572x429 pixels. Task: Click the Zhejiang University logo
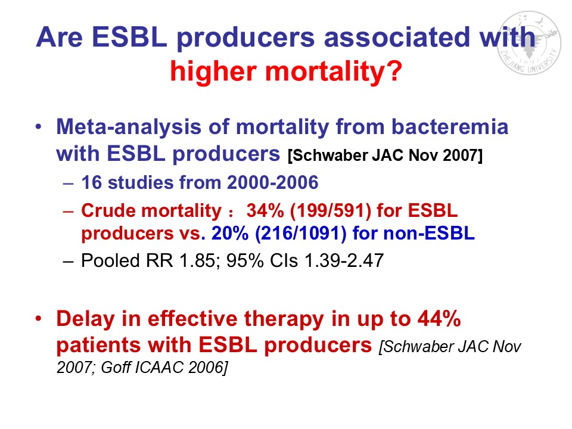tap(529, 43)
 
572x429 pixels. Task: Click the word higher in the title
tap(214, 70)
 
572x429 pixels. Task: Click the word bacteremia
tap(450, 126)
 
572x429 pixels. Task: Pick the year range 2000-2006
tap(272, 182)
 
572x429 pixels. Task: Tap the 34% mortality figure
tap(265, 210)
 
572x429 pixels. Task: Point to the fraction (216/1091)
tap(301, 234)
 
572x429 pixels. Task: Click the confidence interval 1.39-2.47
tap(344, 260)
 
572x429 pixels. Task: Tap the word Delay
tap(85, 318)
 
